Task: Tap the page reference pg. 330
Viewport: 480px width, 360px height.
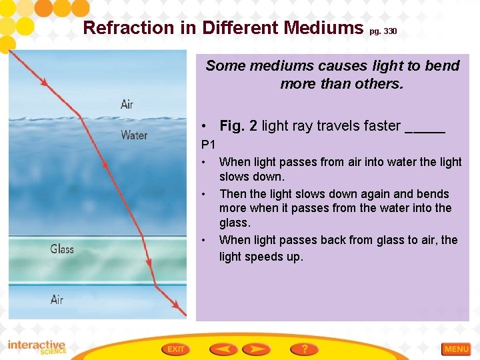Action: tap(383, 31)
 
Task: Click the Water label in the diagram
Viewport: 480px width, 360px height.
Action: tap(134, 135)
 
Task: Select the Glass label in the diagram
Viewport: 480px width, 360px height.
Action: tap(62, 249)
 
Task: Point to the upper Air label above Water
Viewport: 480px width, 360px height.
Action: tap(127, 104)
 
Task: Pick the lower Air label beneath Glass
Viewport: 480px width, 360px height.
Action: tap(57, 300)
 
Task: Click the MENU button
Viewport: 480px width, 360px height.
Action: tap(457, 349)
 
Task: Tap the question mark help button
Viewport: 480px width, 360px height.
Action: tap(304, 349)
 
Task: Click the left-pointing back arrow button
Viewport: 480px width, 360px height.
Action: tap(223, 349)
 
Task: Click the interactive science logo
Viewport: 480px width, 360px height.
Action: tap(36, 347)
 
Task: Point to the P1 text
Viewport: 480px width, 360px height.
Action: tap(209, 144)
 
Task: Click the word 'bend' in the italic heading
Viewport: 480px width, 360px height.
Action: tap(445, 66)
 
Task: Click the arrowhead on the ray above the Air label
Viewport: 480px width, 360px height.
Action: tap(44, 82)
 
